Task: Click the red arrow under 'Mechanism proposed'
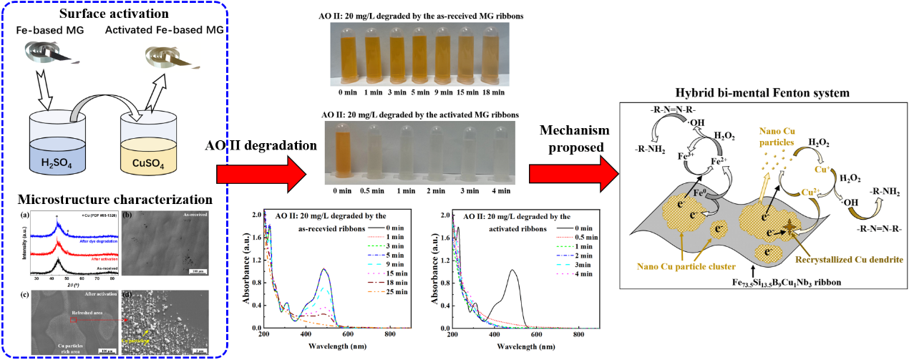point(572,172)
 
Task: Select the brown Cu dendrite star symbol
point(785,225)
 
